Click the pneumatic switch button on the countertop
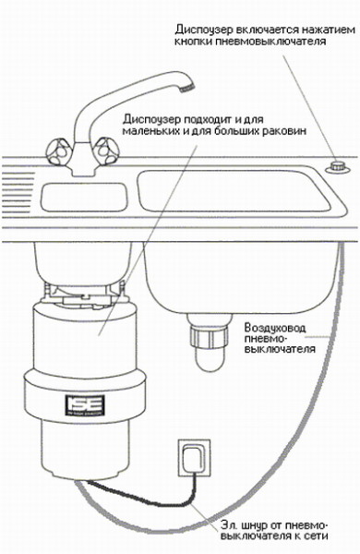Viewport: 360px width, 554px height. (x=339, y=166)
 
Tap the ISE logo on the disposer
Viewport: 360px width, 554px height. (x=85, y=404)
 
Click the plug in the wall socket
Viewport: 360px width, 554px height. (x=193, y=459)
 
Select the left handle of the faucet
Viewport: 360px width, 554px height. (x=58, y=152)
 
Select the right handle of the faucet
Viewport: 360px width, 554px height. (x=105, y=151)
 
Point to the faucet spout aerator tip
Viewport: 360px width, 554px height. (x=187, y=87)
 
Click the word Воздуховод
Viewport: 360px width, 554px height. (x=275, y=328)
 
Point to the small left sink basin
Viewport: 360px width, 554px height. (x=84, y=198)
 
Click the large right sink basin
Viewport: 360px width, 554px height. (x=234, y=190)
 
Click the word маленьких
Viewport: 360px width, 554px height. (x=150, y=130)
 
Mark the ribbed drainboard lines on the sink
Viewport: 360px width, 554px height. (x=18, y=191)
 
